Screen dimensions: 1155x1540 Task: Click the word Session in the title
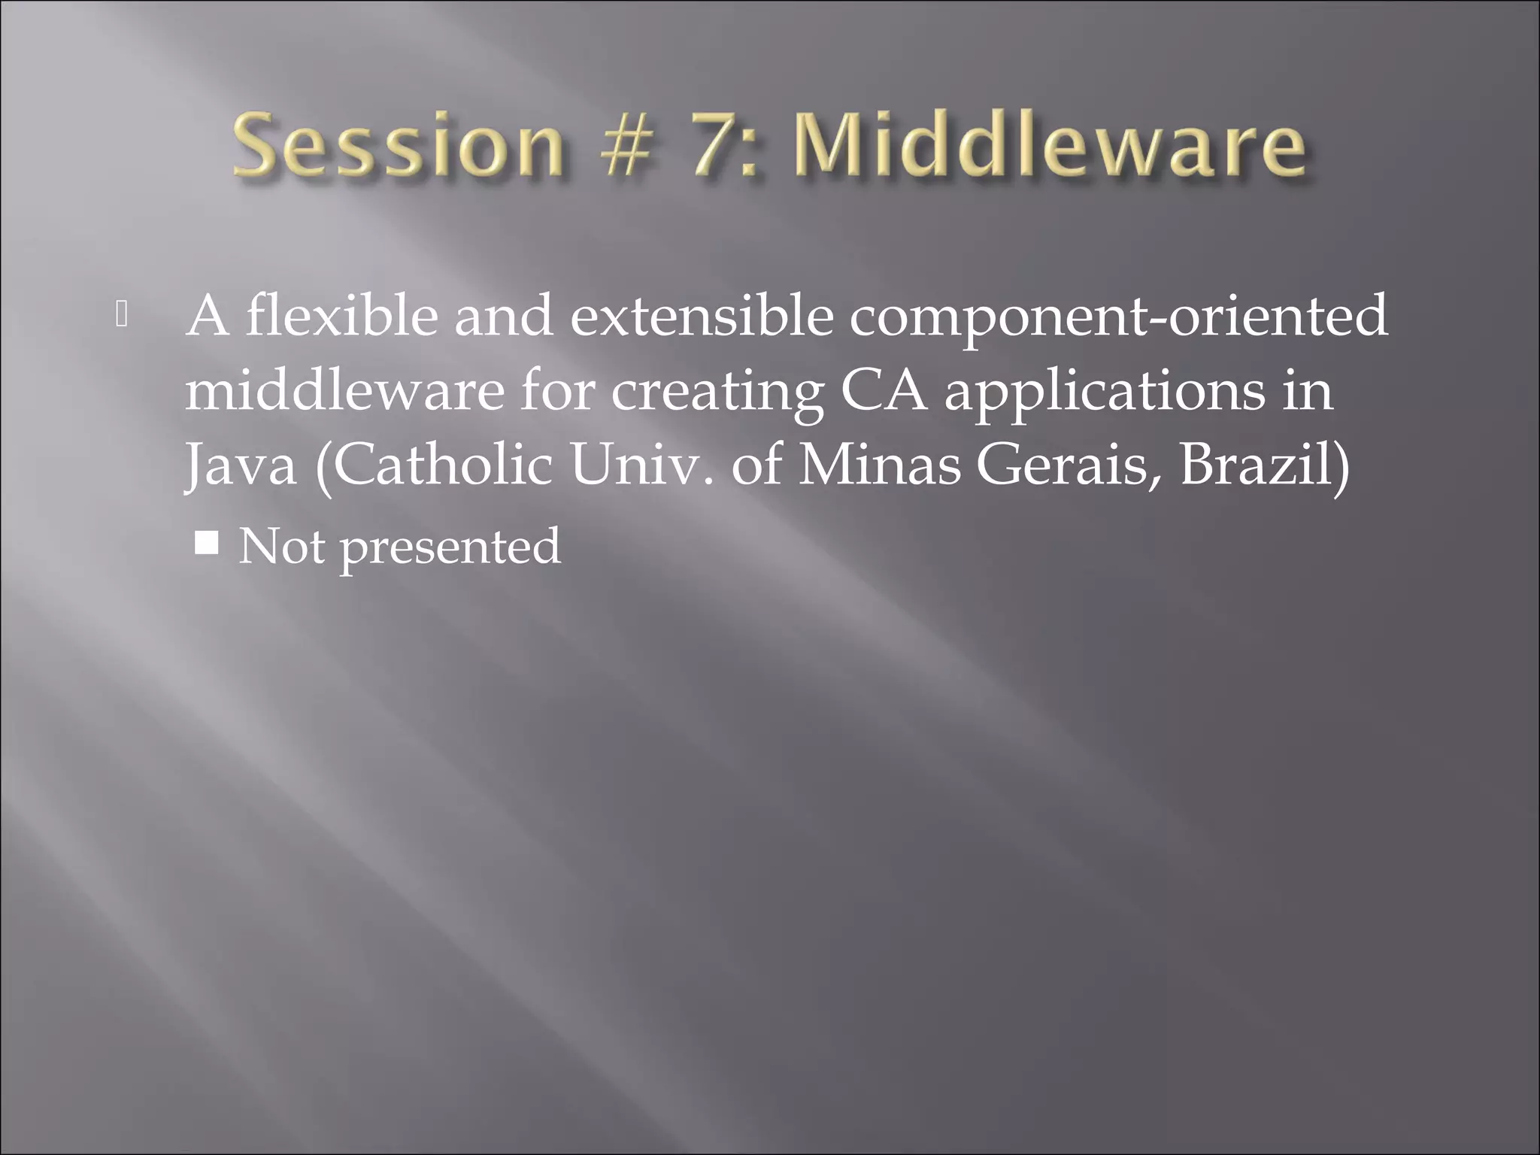tap(399, 144)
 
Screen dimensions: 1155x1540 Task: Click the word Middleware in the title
tap(1050, 144)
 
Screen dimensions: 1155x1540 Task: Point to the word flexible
tap(342, 316)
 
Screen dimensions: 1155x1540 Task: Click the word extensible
tap(702, 316)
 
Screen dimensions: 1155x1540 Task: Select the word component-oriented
tap(1118, 316)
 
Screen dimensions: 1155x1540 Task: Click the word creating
tap(717, 393)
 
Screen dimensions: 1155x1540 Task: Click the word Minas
tap(879, 465)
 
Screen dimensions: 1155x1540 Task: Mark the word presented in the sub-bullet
tap(450, 547)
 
